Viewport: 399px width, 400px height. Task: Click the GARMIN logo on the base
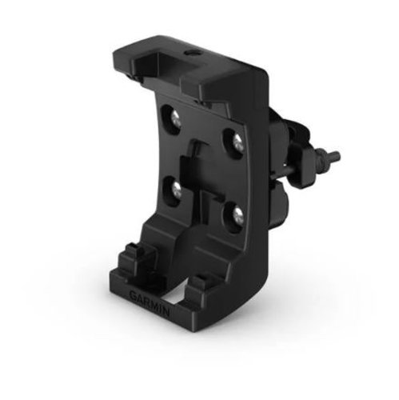point(150,302)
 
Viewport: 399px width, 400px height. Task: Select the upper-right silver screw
point(237,142)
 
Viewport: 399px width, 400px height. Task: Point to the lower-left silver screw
point(176,190)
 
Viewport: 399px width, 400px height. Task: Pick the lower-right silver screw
point(238,215)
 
